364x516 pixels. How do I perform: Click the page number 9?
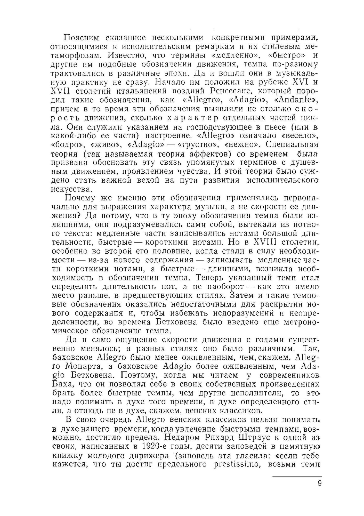[x=319, y=483]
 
